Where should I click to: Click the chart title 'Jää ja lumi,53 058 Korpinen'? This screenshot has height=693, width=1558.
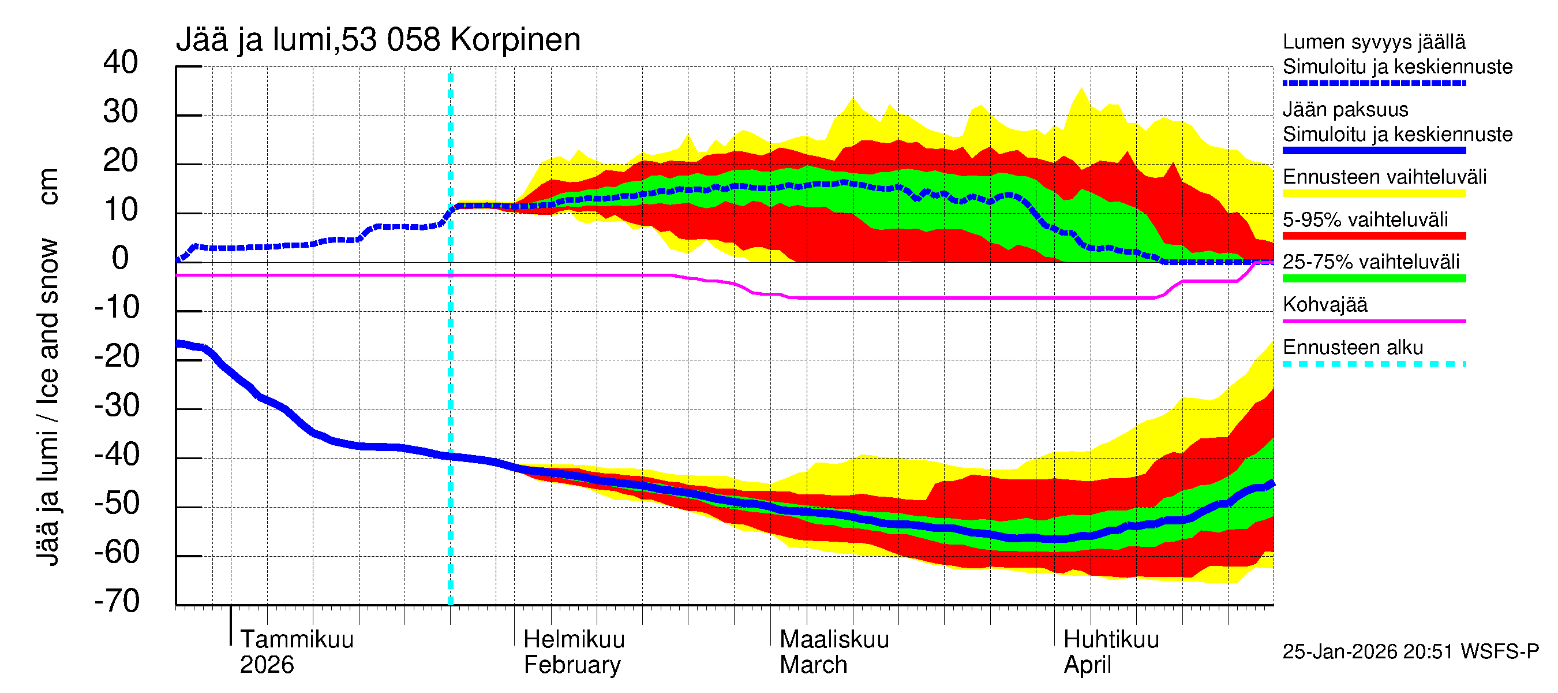[x=378, y=40]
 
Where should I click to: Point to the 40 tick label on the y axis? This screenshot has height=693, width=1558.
[x=121, y=62]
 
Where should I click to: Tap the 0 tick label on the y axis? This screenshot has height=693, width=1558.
[x=121, y=259]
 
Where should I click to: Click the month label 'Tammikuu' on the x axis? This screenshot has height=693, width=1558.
[x=297, y=639]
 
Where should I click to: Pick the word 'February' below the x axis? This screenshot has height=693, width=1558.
[x=571, y=665]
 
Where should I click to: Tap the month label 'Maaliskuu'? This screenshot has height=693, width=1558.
[x=834, y=639]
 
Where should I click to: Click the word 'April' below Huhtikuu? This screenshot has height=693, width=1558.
[x=1087, y=665]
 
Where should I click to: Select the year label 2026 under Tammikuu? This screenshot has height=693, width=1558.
[x=267, y=665]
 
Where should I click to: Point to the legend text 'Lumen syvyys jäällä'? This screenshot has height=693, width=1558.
[x=1373, y=42]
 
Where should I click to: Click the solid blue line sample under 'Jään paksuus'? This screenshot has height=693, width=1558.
[x=1373, y=150]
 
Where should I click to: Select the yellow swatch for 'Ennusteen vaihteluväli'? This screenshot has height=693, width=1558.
[x=1373, y=193]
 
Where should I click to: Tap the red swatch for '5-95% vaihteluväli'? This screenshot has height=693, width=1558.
[x=1373, y=236]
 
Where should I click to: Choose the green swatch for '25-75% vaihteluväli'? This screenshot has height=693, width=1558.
[x=1373, y=278]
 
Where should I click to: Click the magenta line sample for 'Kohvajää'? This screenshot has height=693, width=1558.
[x=1373, y=321]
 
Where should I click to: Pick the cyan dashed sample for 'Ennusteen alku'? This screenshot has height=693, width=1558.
[x=1373, y=364]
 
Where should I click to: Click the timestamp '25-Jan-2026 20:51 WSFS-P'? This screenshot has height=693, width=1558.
[x=1410, y=651]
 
